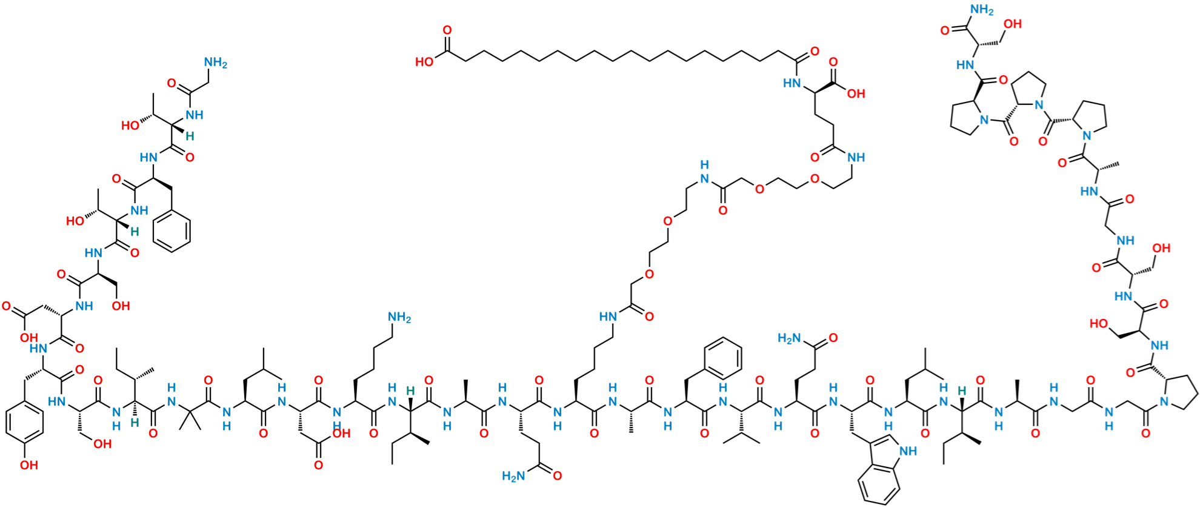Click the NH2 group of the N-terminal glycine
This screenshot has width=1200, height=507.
coord(215,62)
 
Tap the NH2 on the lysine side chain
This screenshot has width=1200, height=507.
coord(399,317)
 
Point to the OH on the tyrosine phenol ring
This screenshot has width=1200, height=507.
coord(28,466)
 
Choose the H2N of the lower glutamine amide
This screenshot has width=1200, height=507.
coord(513,476)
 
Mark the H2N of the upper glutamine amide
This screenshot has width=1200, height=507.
coord(789,337)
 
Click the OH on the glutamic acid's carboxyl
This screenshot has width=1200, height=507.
coord(856,94)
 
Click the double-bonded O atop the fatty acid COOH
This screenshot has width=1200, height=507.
coord(447,29)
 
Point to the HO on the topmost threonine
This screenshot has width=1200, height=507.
coord(130,126)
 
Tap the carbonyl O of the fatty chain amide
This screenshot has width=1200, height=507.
coord(815,52)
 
